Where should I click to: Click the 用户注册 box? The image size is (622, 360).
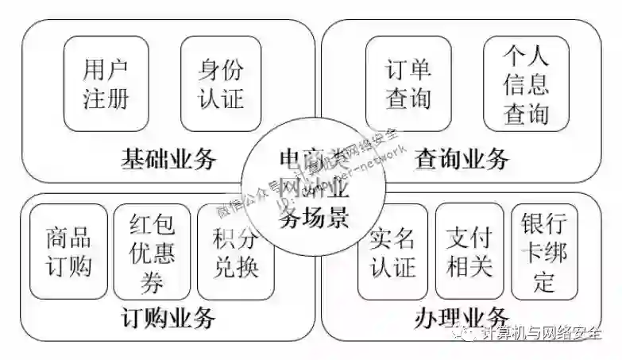[x=105, y=83]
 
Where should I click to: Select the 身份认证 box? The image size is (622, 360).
[x=221, y=83]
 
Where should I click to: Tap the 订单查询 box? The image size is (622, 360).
[x=408, y=83]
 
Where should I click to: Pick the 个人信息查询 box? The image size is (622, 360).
[x=526, y=83]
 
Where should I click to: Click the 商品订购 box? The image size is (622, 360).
[x=68, y=250]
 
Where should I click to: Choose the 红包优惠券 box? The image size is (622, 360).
[x=151, y=250]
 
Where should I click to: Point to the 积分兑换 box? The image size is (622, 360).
[x=235, y=250]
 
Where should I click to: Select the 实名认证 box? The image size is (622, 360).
[x=392, y=250]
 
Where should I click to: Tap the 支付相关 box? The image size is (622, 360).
[x=469, y=250]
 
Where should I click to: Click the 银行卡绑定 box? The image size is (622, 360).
[x=544, y=250]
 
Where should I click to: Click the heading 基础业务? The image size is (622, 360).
[x=168, y=159]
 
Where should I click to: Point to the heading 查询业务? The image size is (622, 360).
[x=462, y=159]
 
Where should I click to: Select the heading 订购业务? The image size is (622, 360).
[x=168, y=319]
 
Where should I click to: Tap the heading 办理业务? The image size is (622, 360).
[x=462, y=319]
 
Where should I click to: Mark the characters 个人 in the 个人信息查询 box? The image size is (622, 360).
[x=526, y=55]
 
